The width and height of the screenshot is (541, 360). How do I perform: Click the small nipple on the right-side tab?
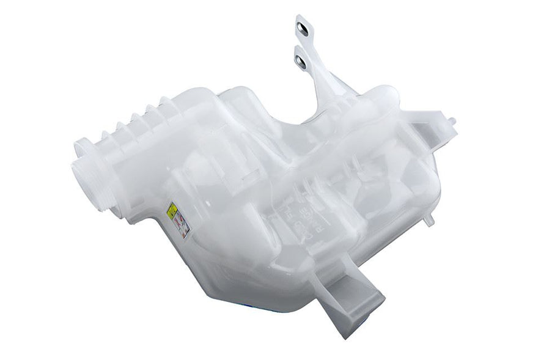(453, 120)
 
